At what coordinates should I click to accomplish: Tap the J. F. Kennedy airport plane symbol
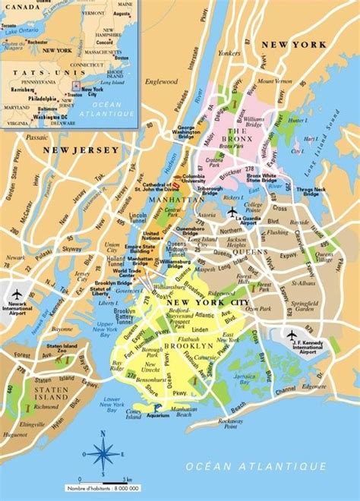tap(292, 335)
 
